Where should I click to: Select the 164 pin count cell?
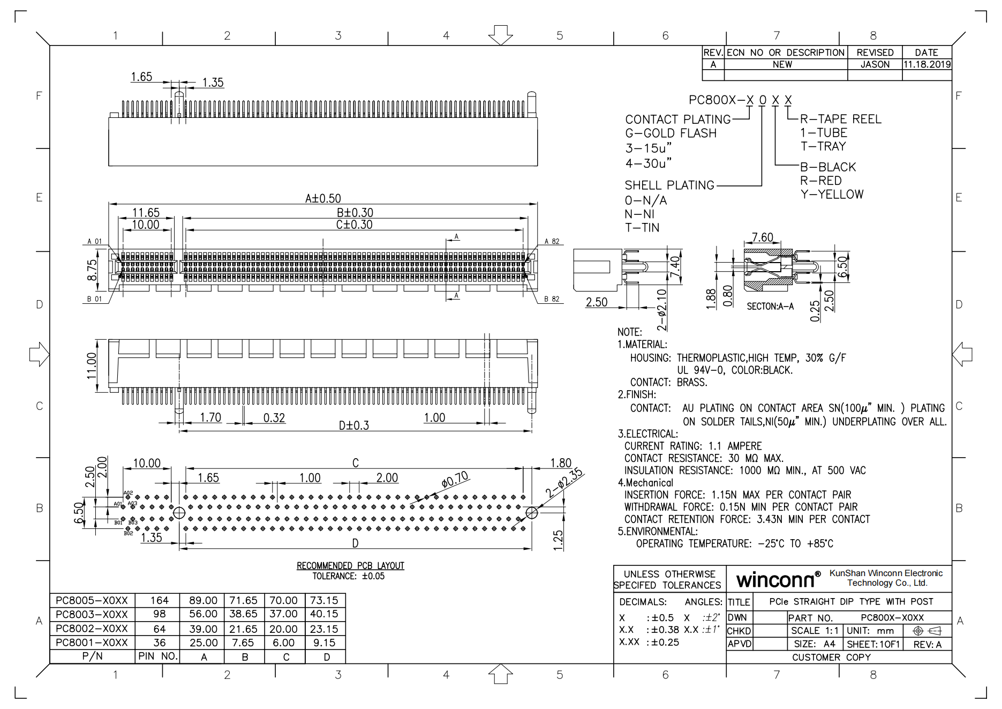click(159, 600)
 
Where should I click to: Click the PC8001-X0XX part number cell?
click(92, 643)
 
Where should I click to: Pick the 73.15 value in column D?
click(324, 600)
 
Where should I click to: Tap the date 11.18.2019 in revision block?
click(927, 64)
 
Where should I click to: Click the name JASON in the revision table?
click(875, 64)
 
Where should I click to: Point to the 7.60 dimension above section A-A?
click(762, 237)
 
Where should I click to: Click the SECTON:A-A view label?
click(770, 307)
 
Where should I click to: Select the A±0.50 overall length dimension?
click(323, 198)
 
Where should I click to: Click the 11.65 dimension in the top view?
click(146, 213)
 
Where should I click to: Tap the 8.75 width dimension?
click(92, 270)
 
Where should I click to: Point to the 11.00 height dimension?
click(92, 365)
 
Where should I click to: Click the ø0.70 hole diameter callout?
click(455, 479)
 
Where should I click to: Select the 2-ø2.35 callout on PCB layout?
click(564, 483)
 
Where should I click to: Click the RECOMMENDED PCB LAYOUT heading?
click(350, 566)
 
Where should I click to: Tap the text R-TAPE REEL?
click(840, 119)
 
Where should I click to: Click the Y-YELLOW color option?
click(832, 195)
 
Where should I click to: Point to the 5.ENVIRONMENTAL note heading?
click(658, 532)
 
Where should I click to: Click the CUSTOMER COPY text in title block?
click(831, 658)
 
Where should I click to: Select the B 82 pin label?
click(552, 299)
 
